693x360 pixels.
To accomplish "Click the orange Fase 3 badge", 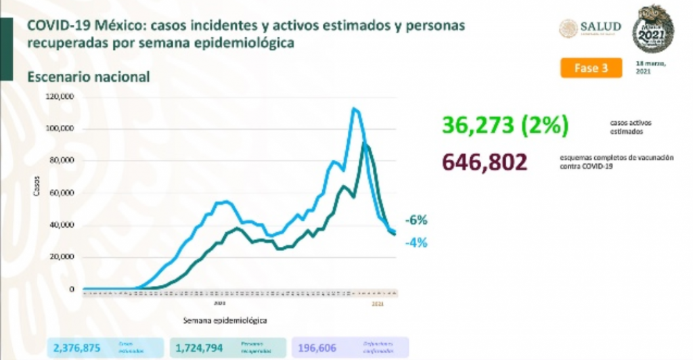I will [x=590, y=68].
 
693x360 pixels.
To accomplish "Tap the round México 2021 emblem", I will [x=653, y=29].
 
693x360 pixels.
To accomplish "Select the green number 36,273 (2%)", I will [x=505, y=126].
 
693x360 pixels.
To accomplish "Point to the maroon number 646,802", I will [x=483, y=162].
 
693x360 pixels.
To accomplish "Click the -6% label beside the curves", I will [x=416, y=220].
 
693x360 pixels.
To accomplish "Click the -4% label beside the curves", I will [x=416, y=242].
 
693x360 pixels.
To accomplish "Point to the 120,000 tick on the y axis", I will [x=60, y=97].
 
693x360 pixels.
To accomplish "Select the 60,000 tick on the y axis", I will [x=62, y=193].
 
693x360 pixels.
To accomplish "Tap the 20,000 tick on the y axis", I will [x=62, y=257].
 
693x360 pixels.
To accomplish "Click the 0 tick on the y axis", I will [x=70, y=290].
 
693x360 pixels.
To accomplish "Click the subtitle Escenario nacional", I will [x=88, y=77].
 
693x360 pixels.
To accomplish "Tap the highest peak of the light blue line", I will [x=354, y=108].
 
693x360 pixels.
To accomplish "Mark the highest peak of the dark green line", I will [x=365, y=143].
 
